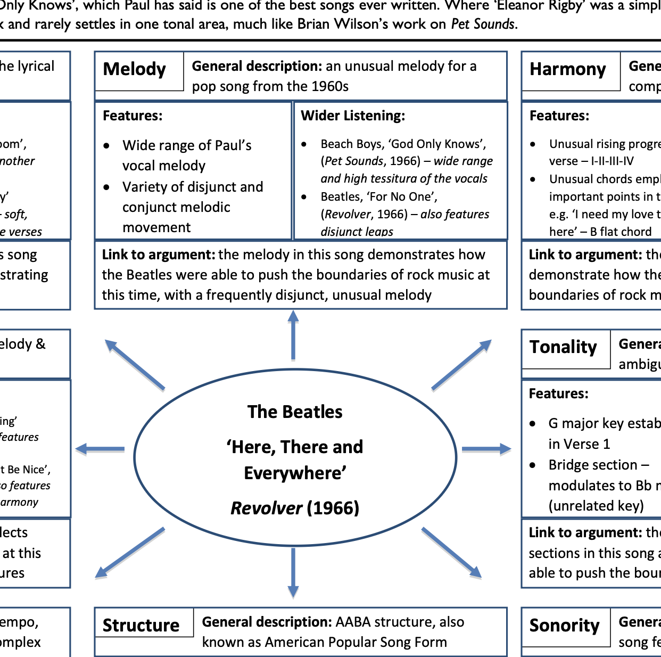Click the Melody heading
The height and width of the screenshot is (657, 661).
(x=134, y=69)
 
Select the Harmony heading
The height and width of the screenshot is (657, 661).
(x=567, y=70)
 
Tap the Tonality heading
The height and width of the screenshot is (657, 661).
(x=563, y=347)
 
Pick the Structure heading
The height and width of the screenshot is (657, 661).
(x=141, y=625)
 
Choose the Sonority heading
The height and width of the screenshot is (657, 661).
(x=564, y=626)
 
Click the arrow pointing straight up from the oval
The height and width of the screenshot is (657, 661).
(x=293, y=335)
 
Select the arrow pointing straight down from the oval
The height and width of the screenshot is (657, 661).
(x=293, y=573)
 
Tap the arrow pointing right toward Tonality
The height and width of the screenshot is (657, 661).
(x=486, y=449)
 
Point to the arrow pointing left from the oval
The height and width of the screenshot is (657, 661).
(x=100, y=449)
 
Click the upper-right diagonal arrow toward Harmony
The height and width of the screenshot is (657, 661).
(x=461, y=365)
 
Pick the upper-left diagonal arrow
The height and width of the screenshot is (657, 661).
(x=135, y=365)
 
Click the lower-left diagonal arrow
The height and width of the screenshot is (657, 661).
(x=130, y=553)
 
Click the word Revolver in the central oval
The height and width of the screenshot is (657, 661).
(x=266, y=508)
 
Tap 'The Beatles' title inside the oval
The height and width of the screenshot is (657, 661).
(x=295, y=412)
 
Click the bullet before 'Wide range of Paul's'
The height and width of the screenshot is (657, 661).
(x=107, y=145)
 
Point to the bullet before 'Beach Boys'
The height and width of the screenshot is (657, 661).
(x=304, y=144)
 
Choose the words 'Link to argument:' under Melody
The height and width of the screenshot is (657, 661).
(x=159, y=254)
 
